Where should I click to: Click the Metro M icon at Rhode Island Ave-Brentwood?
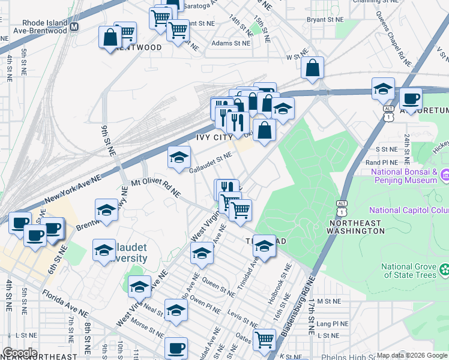coord(74,27)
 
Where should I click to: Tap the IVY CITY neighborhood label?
coord(214,137)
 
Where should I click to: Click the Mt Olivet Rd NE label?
coord(155,187)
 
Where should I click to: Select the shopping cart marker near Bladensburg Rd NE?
coord(264,340)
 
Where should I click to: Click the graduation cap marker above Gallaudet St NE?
coord(178,157)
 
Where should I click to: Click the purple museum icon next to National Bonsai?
coord(445,175)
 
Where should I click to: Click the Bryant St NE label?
coord(325,19)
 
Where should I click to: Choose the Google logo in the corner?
coord(19,353)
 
